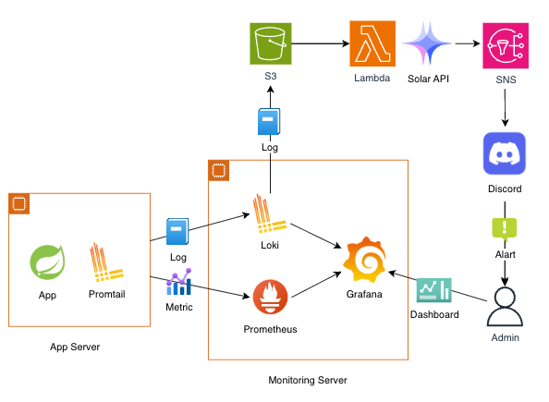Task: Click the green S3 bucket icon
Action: (x=270, y=43)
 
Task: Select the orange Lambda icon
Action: (x=372, y=43)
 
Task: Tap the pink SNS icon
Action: (x=506, y=45)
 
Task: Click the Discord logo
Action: (x=505, y=153)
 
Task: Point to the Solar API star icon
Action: (x=427, y=43)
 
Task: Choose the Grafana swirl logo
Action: (x=364, y=260)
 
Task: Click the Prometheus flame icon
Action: (x=270, y=297)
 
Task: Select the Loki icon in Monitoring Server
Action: (x=270, y=213)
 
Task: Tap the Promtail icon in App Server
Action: (x=106, y=262)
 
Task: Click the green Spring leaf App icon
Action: (x=48, y=262)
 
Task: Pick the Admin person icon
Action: (x=505, y=307)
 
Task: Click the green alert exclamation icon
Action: (x=505, y=229)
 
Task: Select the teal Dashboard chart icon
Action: (x=434, y=290)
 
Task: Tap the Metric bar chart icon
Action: (x=179, y=282)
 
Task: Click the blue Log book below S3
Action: (x=269, y=121)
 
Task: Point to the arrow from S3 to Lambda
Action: (x=321, y=43)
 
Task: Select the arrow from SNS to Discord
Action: (x=505, y=108)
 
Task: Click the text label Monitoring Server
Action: (x=308, y=380)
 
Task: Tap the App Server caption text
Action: (x=75, y=347)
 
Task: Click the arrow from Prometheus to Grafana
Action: (x=316, y=285)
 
